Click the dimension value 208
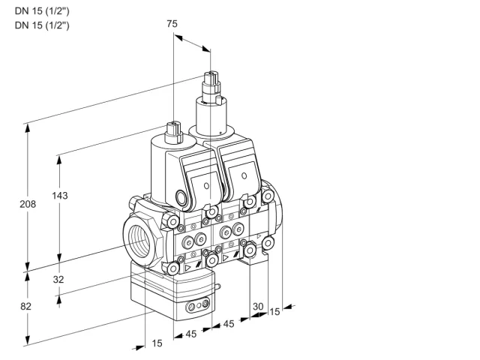[28, 204]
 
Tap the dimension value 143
[60, 195]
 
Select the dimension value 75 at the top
[172, 23]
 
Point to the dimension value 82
[25, 306]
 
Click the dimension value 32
[58, 279]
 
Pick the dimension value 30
[258, 306]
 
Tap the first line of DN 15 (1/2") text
[42, 11]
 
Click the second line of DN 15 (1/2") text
[42, 25]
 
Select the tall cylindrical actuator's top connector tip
[211, 76]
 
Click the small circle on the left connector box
[206, 185]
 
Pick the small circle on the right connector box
[244, 175]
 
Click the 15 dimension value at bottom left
[157, 343]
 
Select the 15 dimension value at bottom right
[274, 312]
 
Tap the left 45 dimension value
[190, 334]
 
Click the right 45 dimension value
[228, 323]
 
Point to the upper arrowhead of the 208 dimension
[28, 128]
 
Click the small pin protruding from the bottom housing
[217, 286]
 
